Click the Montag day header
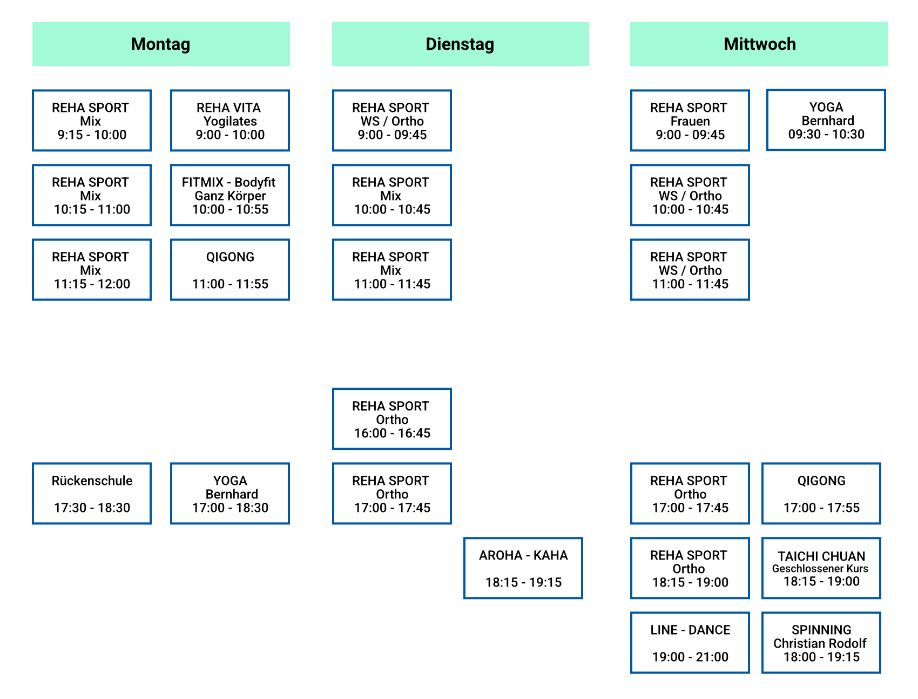[x=161, y=44]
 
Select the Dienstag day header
[x=460, y=44]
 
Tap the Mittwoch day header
[x=759, y=44]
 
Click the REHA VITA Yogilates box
[x=230, y=121]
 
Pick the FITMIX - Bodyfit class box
[x=230, y=195]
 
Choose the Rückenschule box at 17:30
[x=92, y=494]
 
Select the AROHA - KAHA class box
[x=523, y=568]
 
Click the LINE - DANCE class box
[x=690, y=643]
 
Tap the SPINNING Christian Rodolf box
[x=821, y=643]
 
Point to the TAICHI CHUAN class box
[x=821, y=568]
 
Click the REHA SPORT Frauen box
[x=690, y=121]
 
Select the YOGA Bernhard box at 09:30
[x=826, y=120]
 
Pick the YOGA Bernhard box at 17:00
[x=230, y=494]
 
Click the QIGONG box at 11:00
[x=230, y=270]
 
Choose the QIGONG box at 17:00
[x=821, y=494]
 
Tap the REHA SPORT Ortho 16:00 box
[x=392, y=419]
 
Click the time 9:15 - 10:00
[x=92, y=135]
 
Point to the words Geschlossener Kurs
[x=820, y=569]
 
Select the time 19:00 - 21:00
[x=690, y=657]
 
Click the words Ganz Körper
[x=230, y=196]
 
